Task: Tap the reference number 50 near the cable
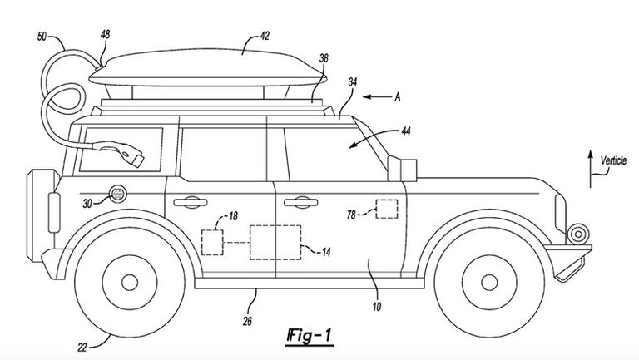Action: pos(43,37)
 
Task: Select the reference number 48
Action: pos(105,34)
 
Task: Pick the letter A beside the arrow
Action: pos(398,97)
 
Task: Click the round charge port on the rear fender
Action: pos(117,195)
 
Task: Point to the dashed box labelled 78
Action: pos(386,208)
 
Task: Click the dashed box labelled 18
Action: pos(213,242)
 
